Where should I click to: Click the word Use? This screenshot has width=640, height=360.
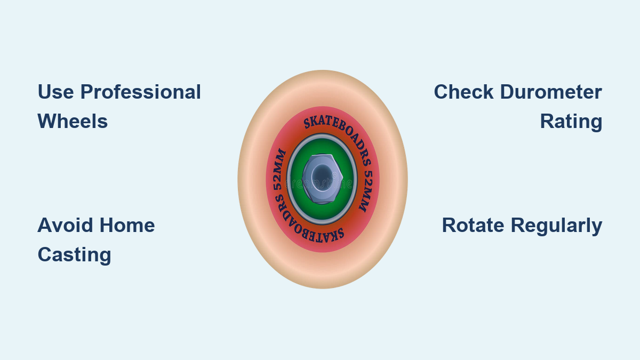click(x=55, y=92)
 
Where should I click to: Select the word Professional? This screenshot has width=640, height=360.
click(x=141, y=92)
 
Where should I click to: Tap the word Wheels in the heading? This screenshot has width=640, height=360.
click(x=73, y=122)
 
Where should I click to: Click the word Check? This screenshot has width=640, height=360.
click(x=463, y=92)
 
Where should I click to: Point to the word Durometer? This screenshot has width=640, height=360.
click(x=551, y=92)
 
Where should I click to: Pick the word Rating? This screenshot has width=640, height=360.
click(x=571, y=122)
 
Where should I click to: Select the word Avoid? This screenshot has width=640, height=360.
click(x=65, y=225)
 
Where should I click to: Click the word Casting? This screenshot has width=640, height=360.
click(x=74, y=254)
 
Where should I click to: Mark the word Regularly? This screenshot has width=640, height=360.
click(x=557, y=225)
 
